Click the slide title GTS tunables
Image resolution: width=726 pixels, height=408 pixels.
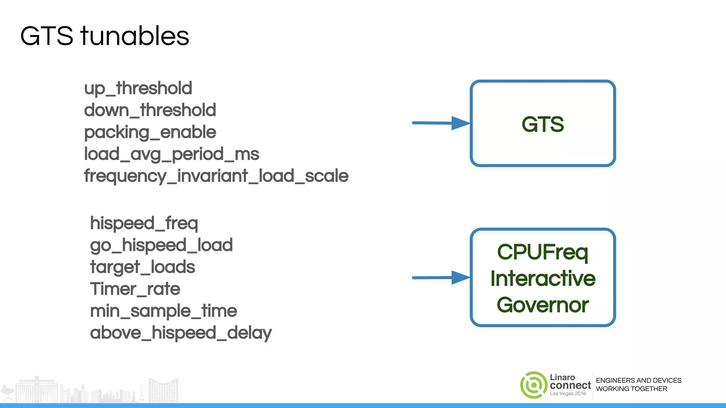(105, 36)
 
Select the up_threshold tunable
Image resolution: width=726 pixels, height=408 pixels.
(138, 88)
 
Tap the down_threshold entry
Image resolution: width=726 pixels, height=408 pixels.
(150, 110)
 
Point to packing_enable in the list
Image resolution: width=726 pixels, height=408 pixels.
(150, 132)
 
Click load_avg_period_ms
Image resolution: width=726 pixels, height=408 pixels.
(172, 154)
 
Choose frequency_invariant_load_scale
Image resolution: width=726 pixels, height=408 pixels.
(216, 176)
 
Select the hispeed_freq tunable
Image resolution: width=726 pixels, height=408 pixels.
(144, 223)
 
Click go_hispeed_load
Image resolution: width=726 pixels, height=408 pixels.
(161, 245)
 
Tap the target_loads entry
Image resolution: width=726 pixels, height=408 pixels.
(143, 267)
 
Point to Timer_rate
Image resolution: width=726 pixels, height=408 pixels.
(135, 289)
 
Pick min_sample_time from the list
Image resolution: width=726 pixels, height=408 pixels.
(163, 311)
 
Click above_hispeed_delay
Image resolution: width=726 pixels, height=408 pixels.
(181, 333)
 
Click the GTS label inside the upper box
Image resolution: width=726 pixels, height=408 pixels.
(543, 124)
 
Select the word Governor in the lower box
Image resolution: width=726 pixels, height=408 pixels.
(543, 305)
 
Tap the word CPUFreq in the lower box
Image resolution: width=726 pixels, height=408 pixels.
(543, 252)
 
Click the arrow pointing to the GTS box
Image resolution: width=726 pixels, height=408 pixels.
(441, 123)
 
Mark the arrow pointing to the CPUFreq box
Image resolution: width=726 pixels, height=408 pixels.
(441, 278)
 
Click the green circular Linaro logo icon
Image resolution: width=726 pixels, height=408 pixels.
(534, 385)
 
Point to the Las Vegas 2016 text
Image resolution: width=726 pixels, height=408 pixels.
(568, 393)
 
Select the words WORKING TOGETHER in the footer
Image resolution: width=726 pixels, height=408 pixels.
(631, 389)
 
